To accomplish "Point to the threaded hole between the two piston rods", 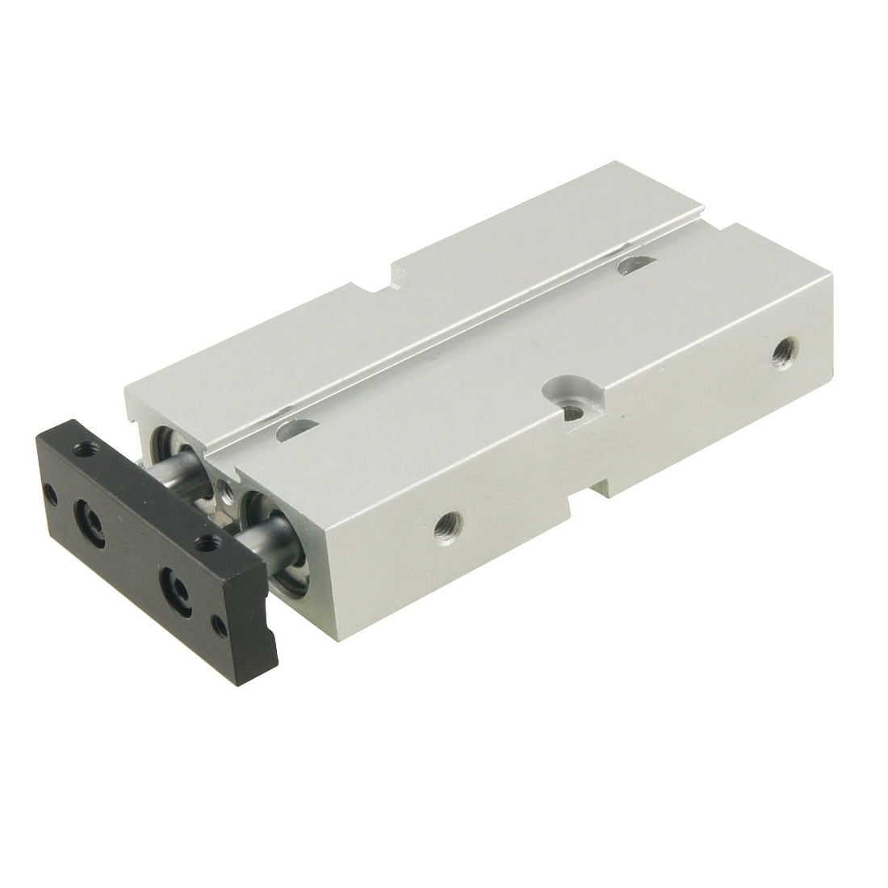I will [228, 489].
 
